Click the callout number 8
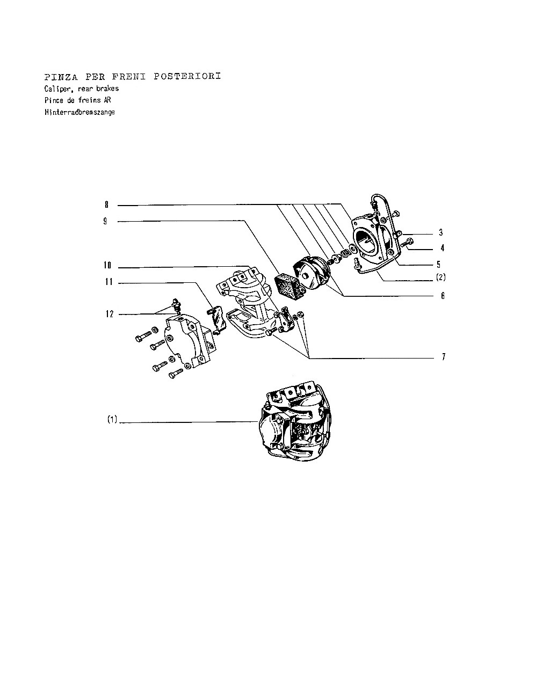coord(106,204)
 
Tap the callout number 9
coord(105,221)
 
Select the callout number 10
coord(107,265)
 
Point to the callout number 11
coord(109,282)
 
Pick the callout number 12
coord(109,314)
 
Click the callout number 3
coord(441,232)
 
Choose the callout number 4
coord(442,248)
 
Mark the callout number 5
coord(438,264)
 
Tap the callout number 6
coord(443,296)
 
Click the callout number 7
coord(444,356)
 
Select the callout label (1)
coord(112,419)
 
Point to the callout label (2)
coord(441,277)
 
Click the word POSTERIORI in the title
coord(187,76)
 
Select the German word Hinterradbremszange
coord(79,112)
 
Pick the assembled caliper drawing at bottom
coord(295,421)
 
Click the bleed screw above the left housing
coord(176,305)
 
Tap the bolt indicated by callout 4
coord(407,242)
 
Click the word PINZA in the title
coord(61,77)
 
